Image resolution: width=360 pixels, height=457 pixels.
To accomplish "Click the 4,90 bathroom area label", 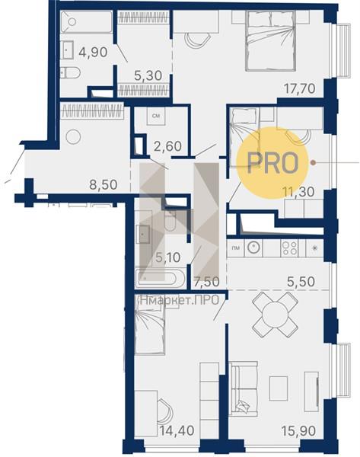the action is click(x=93, y=52).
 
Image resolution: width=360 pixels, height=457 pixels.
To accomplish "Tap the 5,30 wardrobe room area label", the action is click(x=148, y=75).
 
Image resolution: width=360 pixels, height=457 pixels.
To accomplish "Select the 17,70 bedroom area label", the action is click(x=300, y=88).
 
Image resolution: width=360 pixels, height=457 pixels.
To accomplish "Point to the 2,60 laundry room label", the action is click(x=167, y=146).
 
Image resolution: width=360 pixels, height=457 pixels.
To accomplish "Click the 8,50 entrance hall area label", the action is click(x=103, y=184).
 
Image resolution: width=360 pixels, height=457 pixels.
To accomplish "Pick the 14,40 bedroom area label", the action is click(x=177, y=430).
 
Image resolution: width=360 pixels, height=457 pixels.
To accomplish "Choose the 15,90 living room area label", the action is click(x=298, y=431).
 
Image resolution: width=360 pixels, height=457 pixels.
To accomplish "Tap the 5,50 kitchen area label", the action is click(x=301, y=282).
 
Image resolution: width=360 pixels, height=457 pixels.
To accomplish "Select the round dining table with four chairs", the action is click(x=275, y=315).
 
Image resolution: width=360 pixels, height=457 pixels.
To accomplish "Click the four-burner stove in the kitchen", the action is click(x=289, y=248).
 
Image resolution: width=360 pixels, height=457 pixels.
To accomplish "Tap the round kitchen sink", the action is click(x=253, y=248).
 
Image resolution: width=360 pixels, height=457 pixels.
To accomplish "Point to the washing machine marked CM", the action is click(x=156, y=116).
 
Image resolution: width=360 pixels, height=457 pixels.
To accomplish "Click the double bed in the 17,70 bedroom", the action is click(x=271, y=41).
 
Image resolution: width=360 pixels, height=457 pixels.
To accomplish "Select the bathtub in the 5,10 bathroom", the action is click(x=159, y=278).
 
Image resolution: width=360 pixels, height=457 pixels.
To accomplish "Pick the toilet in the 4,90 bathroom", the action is click(x=70, y=73).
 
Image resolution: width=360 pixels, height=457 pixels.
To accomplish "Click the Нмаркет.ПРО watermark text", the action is click(x=179, y=300).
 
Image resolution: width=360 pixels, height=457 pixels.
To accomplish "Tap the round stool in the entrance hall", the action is click(x=73, y=136).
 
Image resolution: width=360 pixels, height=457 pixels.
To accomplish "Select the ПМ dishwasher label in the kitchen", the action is click(x=235, y=248).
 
